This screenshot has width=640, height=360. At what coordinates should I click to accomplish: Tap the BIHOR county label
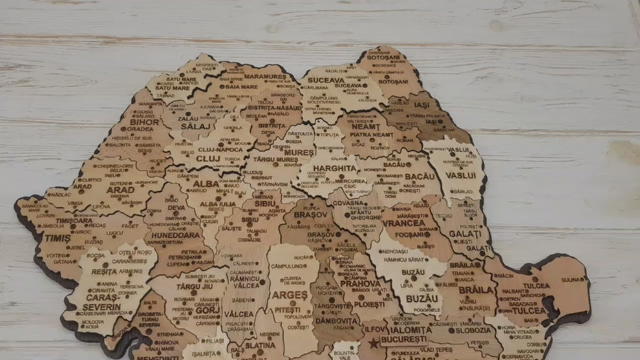coord(144,122)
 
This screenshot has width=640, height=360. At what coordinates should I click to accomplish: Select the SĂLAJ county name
coord(191,127)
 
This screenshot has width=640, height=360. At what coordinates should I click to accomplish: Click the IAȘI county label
coord(421,105)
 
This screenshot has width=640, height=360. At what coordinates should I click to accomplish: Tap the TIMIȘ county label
coord(58,238)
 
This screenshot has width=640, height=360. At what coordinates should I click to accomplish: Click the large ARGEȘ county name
coord(290,295)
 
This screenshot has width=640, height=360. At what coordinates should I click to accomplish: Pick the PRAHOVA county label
coord(360,283)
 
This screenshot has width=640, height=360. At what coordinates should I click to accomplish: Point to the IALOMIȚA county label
coord(409,330)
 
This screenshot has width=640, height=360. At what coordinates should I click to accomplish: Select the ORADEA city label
coord(140,129)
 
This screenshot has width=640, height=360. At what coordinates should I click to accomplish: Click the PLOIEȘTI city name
coord(370,304)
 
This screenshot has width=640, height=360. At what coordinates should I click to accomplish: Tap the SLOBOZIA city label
coord(473,330)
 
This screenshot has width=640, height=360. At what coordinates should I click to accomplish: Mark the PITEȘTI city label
coord(288,310)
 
